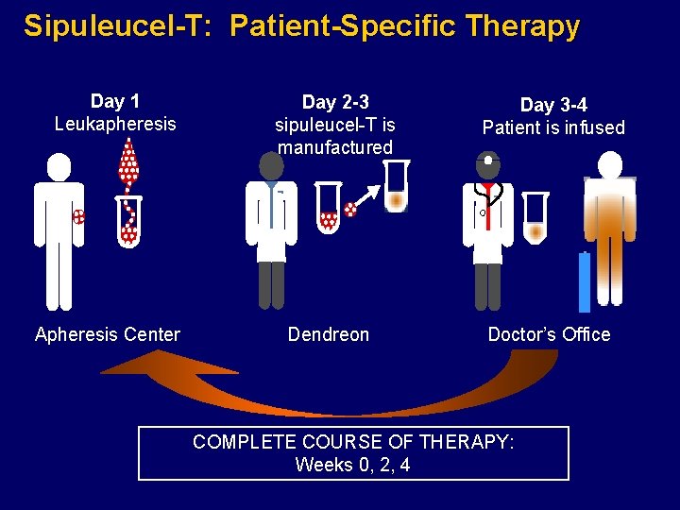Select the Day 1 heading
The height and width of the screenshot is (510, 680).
coord(115,101)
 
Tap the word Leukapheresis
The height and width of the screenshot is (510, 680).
coord(115,124)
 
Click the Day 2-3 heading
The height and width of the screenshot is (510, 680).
coord(334,102)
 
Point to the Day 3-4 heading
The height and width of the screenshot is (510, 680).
coord(553,105)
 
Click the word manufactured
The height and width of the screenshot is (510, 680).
coord(334,147)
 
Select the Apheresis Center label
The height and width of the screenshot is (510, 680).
coord(108,334)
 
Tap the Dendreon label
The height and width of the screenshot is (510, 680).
coord(329,334)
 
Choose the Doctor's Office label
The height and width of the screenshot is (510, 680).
coord(549,334)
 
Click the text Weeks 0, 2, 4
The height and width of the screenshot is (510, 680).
coord(352,465)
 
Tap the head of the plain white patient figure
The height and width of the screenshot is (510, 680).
coord(59,167)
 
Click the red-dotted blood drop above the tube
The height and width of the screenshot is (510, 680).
coord(127,165)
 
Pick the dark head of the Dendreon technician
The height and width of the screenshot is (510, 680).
coord(271,166)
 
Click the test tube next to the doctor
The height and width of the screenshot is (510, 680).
coord(535,218)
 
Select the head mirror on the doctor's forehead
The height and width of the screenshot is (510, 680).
coord(487,161)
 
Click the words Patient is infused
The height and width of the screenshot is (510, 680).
coord(553,127)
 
